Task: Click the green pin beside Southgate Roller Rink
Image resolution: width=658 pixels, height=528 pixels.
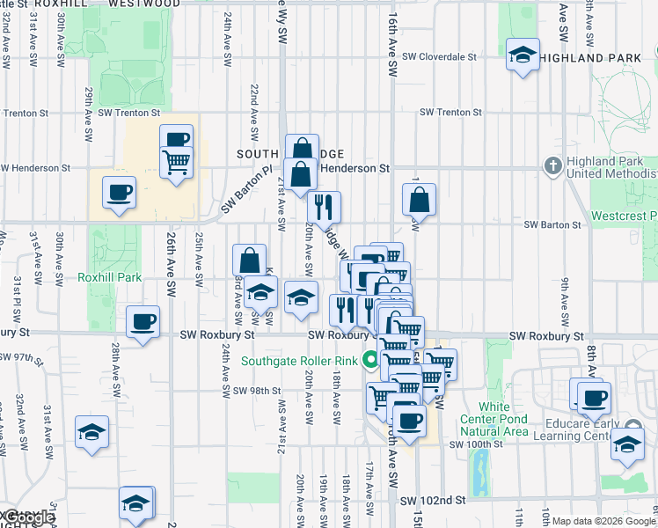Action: click(372, 359)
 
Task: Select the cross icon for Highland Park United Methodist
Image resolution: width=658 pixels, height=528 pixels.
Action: click(552, 164)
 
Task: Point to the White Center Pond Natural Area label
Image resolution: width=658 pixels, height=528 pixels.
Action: click(494, 419)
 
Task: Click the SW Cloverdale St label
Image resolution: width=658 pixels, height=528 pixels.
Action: click(439, 57)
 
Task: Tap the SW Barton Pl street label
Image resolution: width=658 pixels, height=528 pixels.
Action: click(242, 192)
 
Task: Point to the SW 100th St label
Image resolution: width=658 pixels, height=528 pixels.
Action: click(475, 444)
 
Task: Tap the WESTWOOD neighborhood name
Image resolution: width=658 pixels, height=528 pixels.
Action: click(146, 4)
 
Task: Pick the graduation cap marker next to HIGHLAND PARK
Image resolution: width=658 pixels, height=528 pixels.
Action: click(523, 55)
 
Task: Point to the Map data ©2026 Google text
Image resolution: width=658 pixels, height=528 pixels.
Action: click(603, 521)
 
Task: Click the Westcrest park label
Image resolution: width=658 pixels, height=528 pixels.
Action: click(625, 216)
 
